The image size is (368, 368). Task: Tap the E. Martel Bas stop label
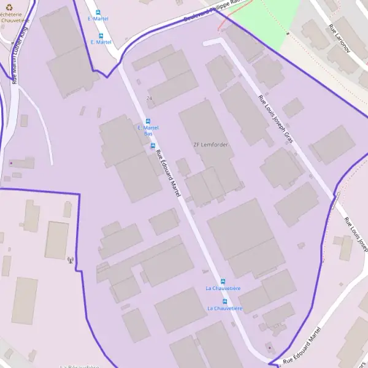pyautogui.click(x=148, y=130)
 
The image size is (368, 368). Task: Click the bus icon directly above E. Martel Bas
pyautogui.click(x=147, y=121)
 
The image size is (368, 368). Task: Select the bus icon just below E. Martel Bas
pyautogui.click(x=153, y=145)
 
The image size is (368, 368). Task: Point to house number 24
pyautogui.click(x=149, y=98)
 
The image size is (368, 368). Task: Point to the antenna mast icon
pyautogui.click(x=70, y=260)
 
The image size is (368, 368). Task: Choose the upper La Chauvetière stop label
pyautogui.click(x=223, y=288)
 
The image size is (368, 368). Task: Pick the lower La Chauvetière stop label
pyautogui.click(x=224, y=308)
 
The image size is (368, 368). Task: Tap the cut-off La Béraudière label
pyautogui.click(x=80, y=366)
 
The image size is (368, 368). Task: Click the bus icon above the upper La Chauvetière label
pyautogui.click(x=223, y=281)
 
